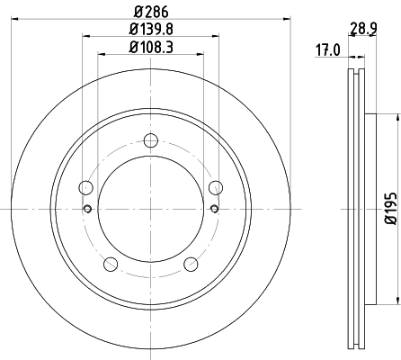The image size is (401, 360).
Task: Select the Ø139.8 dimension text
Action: point(150,31)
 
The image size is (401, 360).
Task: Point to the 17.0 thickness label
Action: point(327,50)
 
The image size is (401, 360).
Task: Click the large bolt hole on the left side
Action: point(86,187)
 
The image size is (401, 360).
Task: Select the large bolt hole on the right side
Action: point(215,187)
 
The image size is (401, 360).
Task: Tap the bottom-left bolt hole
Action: point(111,264)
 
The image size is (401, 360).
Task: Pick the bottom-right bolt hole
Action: point(191,264)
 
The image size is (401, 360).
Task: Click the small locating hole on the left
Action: point(87,209)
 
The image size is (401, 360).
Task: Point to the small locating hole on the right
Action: point(214,209)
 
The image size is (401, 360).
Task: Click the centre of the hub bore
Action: point(150,209)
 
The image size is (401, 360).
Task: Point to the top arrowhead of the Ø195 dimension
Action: point(397,118)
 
